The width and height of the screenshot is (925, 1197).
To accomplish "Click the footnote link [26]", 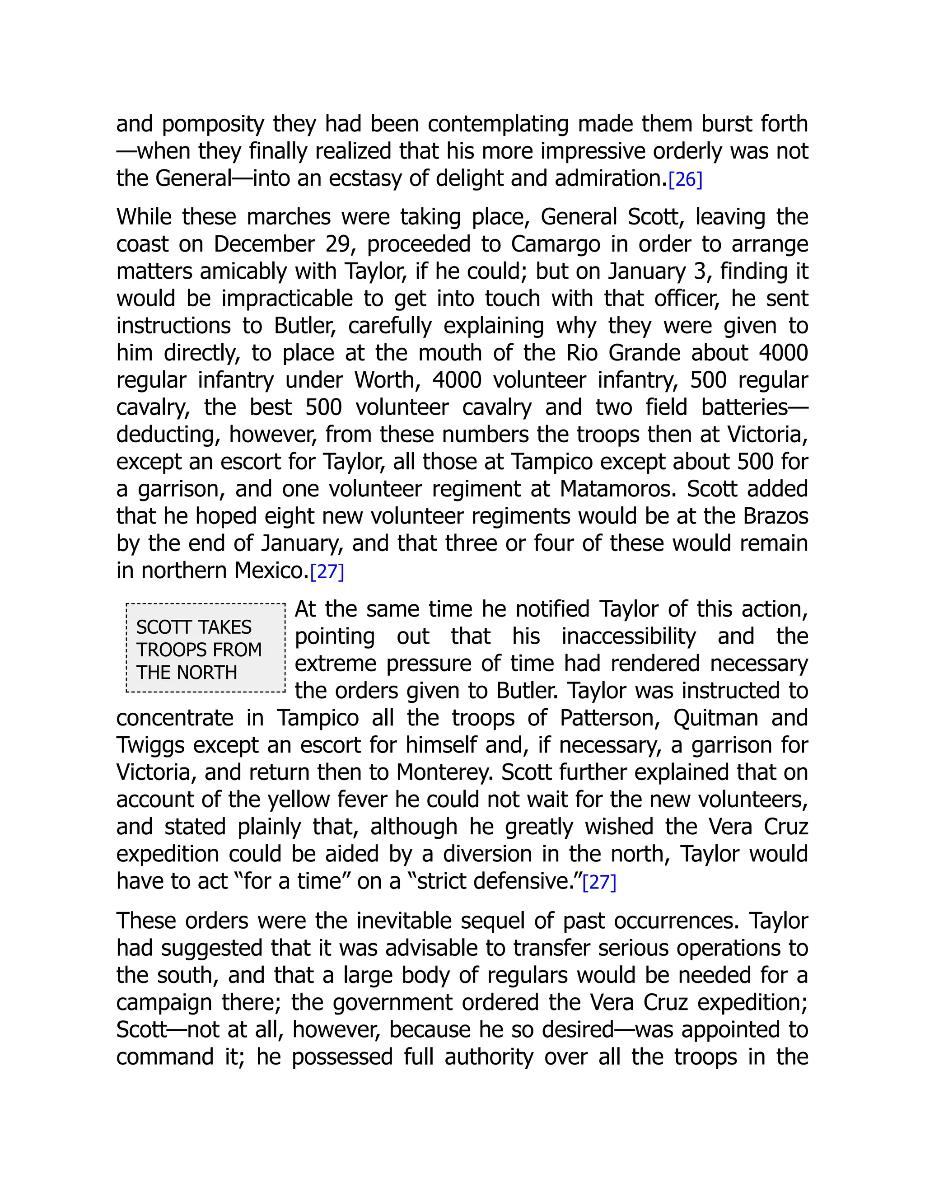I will (x=685, y=180).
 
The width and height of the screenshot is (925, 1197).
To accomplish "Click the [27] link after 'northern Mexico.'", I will (x=327, y=572).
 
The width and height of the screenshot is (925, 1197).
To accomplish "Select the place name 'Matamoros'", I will (x=617, y=489).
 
